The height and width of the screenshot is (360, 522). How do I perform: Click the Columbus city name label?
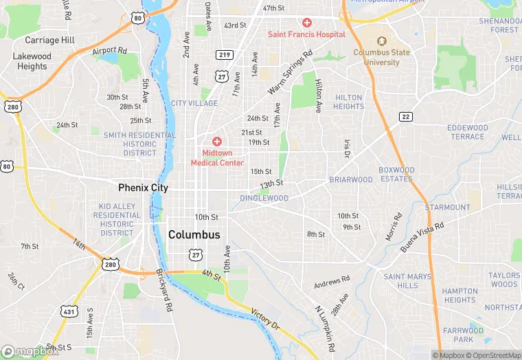[x=194, y=235]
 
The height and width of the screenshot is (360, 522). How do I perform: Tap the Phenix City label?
[x=143, y=188]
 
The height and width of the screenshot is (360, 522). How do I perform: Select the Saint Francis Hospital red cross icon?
[x=306, y=23]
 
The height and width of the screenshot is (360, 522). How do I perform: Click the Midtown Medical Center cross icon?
[x=217, y=141]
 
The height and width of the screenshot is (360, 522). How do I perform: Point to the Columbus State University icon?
[x=381, y=41]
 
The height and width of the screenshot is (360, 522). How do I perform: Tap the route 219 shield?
[x=224, y=55]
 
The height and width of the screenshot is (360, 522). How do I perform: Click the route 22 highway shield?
[x=406, y=117]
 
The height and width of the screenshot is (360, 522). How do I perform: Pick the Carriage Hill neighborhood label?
[x=49, y=41]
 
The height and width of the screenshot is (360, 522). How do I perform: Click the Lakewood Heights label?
[x=32, y=61]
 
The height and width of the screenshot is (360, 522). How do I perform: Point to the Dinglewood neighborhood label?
[x=264, y=199]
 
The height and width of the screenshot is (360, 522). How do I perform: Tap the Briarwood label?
[x=350, y=180]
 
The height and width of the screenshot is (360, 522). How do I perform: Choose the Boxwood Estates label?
[x=396, y=175]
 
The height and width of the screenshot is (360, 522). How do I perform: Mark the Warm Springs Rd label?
[x=290, y=72]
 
